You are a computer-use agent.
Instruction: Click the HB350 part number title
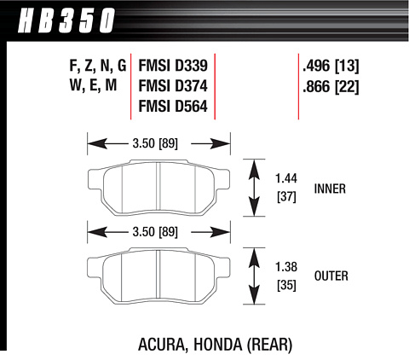coord(66,20)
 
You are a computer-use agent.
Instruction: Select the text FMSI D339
coord(173,66)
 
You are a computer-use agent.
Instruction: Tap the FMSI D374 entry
coord(173,86)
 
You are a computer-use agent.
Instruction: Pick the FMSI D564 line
coord(173,107)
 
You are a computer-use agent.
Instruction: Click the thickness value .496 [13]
coord(331,66)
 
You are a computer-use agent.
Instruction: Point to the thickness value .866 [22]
coord(331,87)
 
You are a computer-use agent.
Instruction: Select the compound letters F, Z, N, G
coord(98,66)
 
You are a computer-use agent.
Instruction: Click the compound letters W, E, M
coord(93,85)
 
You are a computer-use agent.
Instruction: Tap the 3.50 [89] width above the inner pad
coord(155,143)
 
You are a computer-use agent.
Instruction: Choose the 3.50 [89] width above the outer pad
coord(155,232)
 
